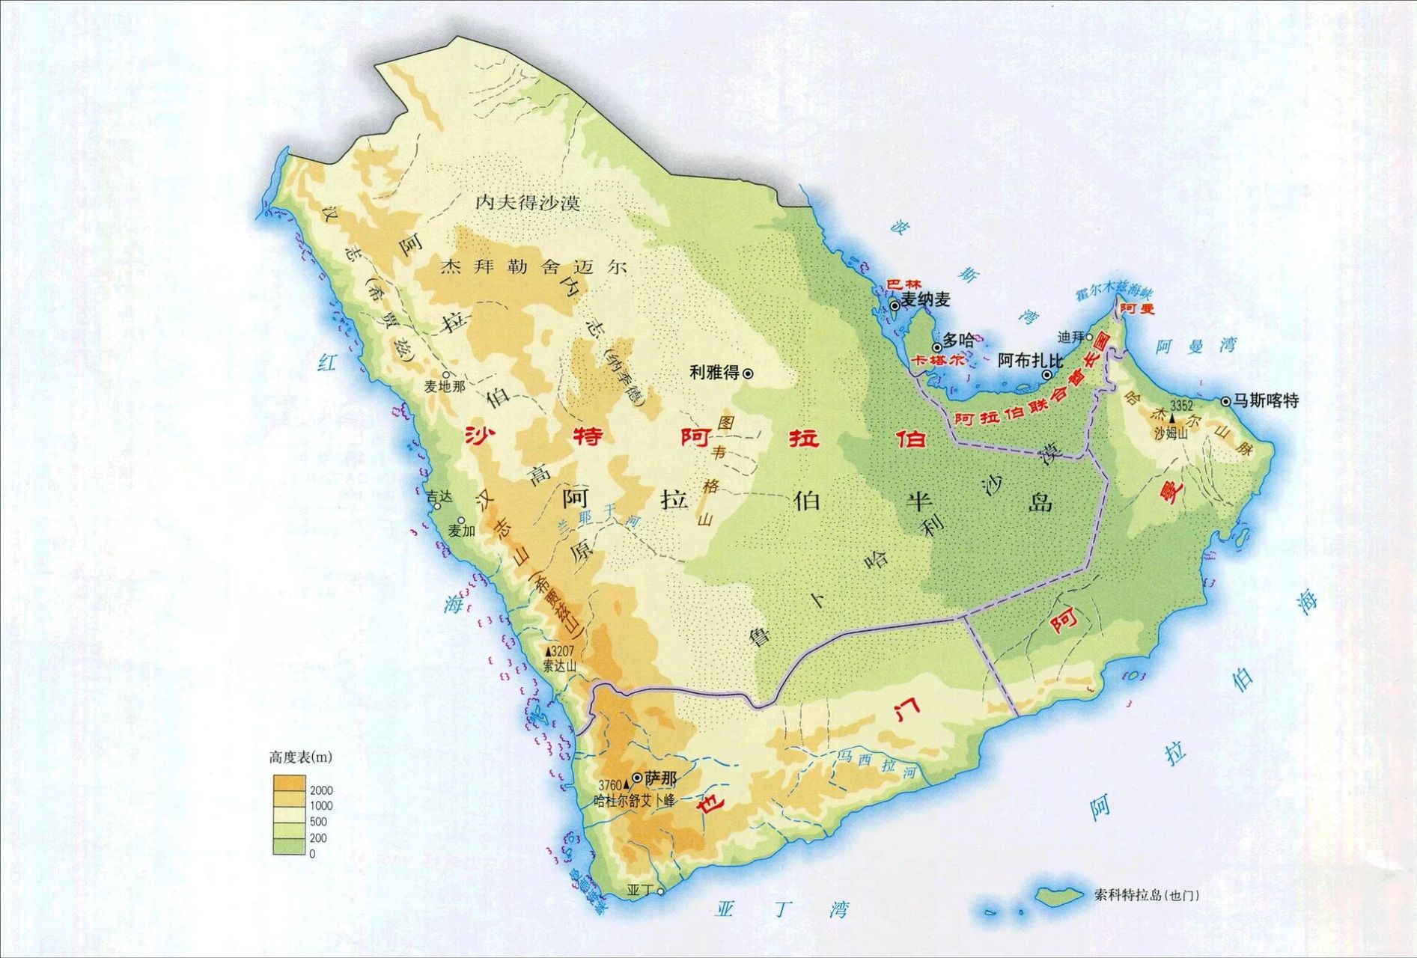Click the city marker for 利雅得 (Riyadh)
pos(747,373)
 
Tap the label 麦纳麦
pos(925,300)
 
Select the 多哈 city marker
pos(936,348)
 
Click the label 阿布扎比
pos(1029,360)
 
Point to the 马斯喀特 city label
pos(1266,400)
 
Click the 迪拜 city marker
pos(1089,337)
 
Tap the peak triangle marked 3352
pos(1172,418)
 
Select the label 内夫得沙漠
pos(528,203)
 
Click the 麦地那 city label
pos(445,386)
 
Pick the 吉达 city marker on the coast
pos(437,507)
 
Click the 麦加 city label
pos(462,531)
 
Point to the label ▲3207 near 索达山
pos(559,652)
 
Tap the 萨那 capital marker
pos(637,778)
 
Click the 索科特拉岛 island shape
pos(1058,895)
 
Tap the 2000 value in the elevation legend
pos(321,790)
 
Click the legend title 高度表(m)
pos(300,757)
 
